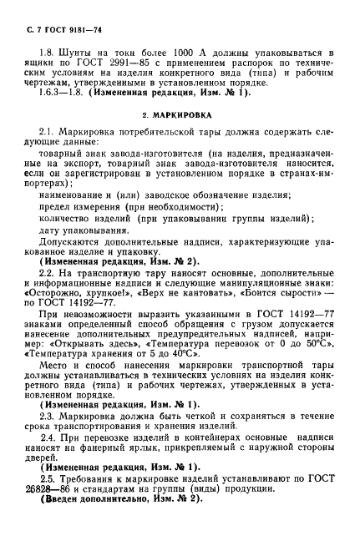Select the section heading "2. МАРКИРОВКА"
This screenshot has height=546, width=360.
[x=180, y=112]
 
